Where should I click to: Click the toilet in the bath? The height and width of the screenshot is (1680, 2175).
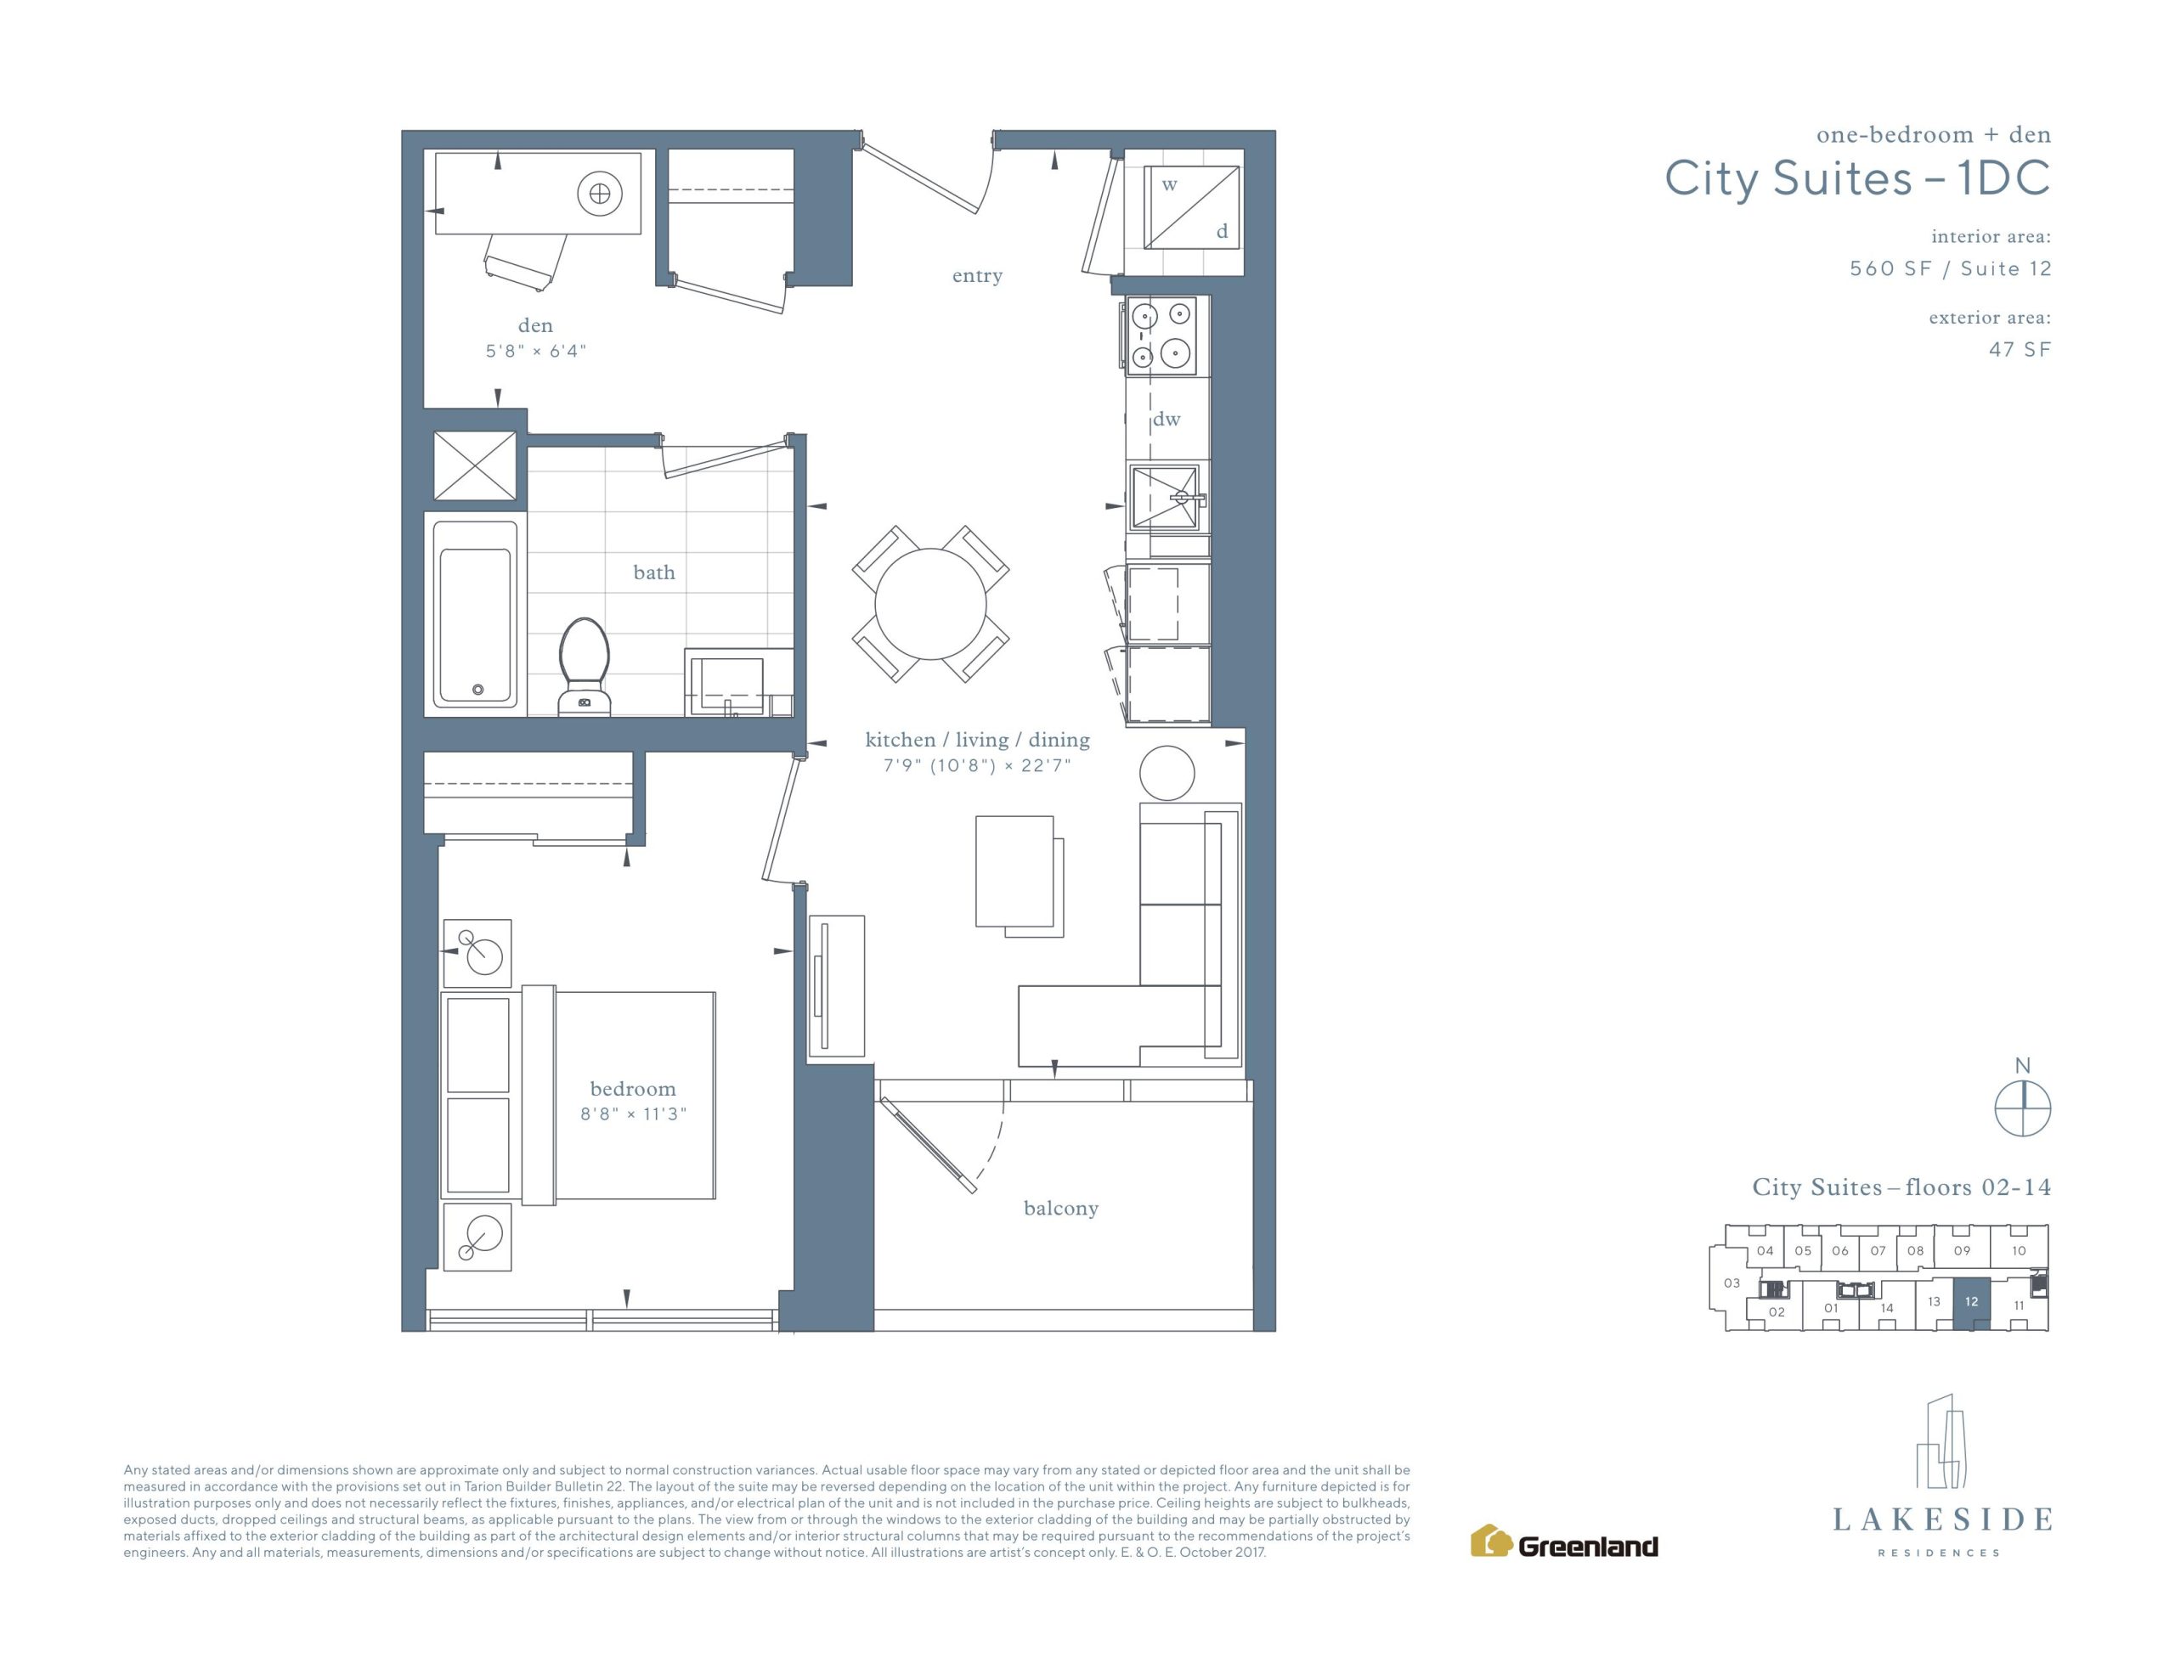click(585, 665)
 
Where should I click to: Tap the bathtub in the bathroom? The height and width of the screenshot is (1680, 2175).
click(476, 613)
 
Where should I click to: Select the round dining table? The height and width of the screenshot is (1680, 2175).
click(930, 605)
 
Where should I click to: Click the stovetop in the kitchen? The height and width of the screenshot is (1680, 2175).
click(1162, 335)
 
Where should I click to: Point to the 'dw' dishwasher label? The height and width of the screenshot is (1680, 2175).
click(1167, 420)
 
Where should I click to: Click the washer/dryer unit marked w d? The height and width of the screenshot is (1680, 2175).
click(1191, 207)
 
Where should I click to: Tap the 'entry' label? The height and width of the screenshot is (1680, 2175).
click(977, 276)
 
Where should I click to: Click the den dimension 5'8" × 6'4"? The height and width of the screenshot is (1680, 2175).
click(536, 351)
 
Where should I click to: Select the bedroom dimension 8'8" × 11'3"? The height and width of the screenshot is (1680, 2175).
click(633, 1113)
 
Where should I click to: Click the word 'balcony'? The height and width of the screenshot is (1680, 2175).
click(1060, 1208)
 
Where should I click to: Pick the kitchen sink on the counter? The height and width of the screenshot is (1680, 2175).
click(1164, 496)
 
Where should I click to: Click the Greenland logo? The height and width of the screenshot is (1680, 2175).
click(1564, 1541)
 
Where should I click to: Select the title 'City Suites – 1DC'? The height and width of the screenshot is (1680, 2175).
click(1857, 179)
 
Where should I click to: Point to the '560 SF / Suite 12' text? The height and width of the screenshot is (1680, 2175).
click(1950, 269)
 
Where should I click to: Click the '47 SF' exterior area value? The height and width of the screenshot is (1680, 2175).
click(2020, 350)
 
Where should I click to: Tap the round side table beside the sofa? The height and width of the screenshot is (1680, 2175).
click(1167, 773)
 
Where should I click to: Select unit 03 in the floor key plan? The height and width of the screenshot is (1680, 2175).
click(1732, 1283)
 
